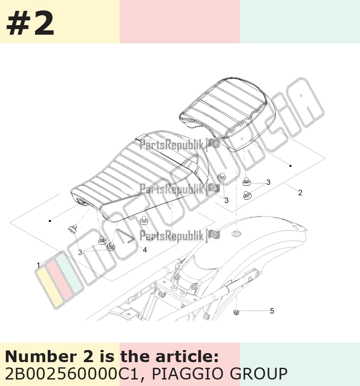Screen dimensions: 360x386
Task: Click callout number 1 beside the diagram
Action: click(38, 265)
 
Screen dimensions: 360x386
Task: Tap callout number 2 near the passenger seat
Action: click(300, 193)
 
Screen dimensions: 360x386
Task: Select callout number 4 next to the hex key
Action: click(145, 250)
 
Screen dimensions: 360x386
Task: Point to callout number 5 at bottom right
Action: click(272, 311)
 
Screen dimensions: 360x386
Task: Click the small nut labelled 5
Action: click(236, 312)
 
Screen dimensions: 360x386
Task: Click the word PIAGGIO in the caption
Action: click(188, 373)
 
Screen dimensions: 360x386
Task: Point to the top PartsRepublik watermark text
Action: click(172, 144)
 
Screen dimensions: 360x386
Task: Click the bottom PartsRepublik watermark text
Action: click(172, 236)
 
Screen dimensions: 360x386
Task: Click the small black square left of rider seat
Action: click(50, 221)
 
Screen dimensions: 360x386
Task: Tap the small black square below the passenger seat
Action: click(291, 166)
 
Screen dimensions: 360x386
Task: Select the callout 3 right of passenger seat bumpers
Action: click(268, 182)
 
